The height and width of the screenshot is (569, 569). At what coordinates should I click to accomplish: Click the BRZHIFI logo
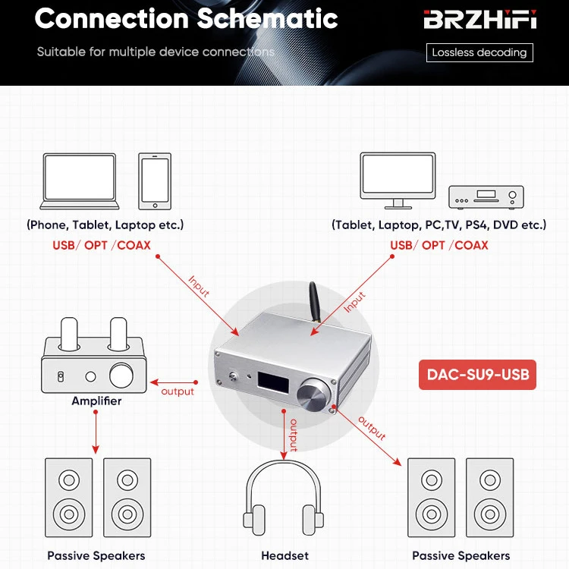click(x=479, y=20)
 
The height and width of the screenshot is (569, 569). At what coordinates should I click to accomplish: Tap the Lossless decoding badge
click(x=479, y=52)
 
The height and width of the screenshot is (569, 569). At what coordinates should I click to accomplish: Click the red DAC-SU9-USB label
click(x=477, y=374)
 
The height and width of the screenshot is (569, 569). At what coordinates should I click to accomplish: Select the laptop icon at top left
click(x=80, y=181)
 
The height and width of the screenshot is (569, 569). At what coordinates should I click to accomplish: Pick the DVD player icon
click(x=486, y=196)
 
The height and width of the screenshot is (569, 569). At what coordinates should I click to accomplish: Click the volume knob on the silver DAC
click(x=313, y=393)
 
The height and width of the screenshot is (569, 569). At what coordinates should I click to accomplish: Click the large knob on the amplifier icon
click(x=122, y=376)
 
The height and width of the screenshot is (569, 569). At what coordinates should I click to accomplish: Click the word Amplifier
click(x=96, y=401)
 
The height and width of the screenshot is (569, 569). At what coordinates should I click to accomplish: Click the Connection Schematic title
click(x=186, y=18)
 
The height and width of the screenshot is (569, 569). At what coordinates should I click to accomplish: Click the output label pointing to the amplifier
click(x=178, y=391)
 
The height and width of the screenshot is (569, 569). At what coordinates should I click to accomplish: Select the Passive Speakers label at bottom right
click(x=461, y=555)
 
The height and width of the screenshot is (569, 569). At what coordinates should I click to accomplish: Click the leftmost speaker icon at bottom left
click(x=69, y=500)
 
